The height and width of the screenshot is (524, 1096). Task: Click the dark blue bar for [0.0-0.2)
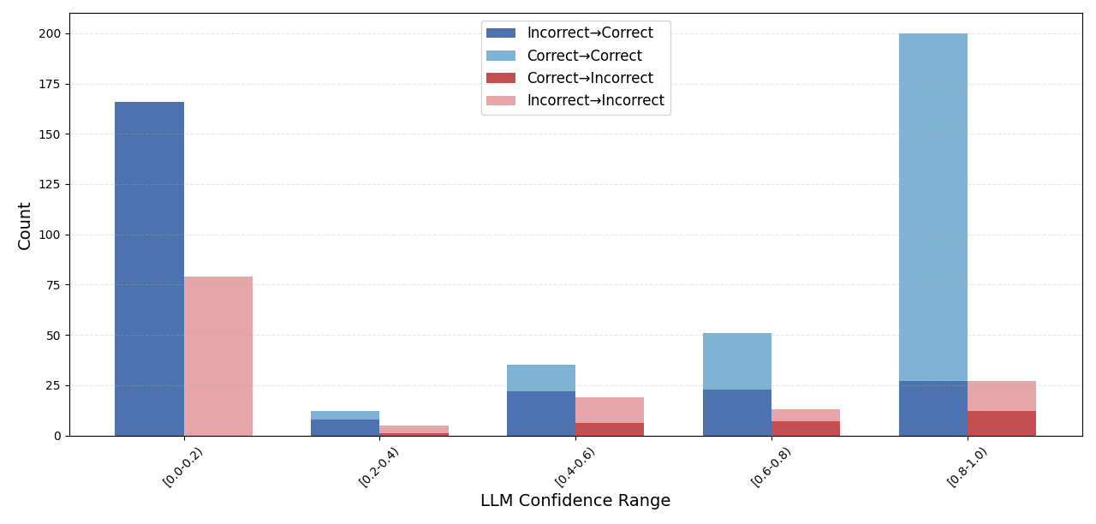pos(149,269)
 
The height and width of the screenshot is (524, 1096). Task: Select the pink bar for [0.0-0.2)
pos(218,356)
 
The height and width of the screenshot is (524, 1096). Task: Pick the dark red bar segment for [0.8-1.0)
pos(1002,424)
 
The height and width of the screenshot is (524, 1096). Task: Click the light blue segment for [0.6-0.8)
pos(737,361)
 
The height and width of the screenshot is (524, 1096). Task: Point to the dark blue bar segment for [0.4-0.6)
pos(541,414)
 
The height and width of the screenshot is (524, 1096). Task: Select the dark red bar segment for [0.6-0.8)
pos(806,428)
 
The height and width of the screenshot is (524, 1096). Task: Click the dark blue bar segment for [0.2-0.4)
pos(345,427)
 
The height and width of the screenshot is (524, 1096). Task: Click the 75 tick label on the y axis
pos(51,285)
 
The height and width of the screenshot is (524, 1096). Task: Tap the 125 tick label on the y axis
pos(48,185)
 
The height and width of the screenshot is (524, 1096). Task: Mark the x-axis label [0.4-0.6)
pos(575,467)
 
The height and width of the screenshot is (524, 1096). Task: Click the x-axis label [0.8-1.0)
pos(968,467)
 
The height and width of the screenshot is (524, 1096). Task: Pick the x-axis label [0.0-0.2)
pos(183,467)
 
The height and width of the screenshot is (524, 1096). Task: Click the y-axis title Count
pos(25,226)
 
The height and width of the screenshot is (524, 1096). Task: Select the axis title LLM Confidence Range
pos(575,501)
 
